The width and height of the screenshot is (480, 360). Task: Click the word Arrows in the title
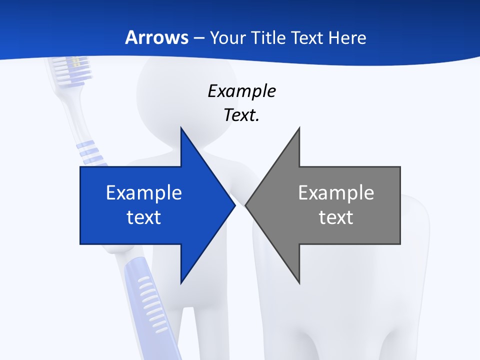point(156,37)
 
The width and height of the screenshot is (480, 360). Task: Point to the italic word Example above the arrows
point(241,91)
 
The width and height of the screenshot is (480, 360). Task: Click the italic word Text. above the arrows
point(241,115)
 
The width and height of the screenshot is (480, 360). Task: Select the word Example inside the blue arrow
point(144,193)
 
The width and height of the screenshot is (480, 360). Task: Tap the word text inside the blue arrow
point(144,217)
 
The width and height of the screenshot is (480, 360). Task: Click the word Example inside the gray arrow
point(336,193)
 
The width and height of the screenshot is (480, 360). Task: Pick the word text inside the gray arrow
point(336,217)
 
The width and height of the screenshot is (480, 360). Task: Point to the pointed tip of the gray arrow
point(246,205)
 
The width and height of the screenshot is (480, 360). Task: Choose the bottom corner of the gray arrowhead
point(299,282)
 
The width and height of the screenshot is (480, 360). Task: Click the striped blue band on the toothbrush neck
point(90,152)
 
